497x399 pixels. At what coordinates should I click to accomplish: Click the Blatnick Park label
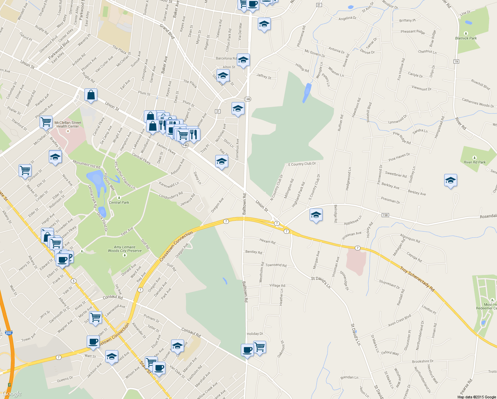click(466, 38)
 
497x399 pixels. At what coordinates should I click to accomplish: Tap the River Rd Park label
click(474, 162)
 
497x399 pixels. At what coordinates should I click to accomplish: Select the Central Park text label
click(119, 202)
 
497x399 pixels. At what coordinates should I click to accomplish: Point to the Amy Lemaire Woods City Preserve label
click(125, 249)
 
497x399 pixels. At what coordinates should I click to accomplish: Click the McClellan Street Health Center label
click(68, 124)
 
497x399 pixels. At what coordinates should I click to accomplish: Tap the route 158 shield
click(385, 215)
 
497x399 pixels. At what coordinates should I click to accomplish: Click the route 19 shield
click(456, 62)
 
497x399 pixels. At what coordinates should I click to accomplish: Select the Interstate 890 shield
click(9, 333)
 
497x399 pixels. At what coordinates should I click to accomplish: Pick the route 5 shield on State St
click(73, 281)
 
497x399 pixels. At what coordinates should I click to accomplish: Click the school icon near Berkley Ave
click(450, 181)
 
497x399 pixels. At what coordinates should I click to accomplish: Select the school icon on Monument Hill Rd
click(55, 157)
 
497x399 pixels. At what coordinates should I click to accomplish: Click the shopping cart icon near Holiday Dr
click(259, 347)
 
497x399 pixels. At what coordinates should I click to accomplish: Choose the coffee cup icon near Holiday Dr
click(247, 350)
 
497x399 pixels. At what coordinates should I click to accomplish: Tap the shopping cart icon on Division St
click(25, 171)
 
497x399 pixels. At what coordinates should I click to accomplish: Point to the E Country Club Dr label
click(302, 164)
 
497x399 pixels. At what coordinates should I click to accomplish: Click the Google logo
click(12, 394)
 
